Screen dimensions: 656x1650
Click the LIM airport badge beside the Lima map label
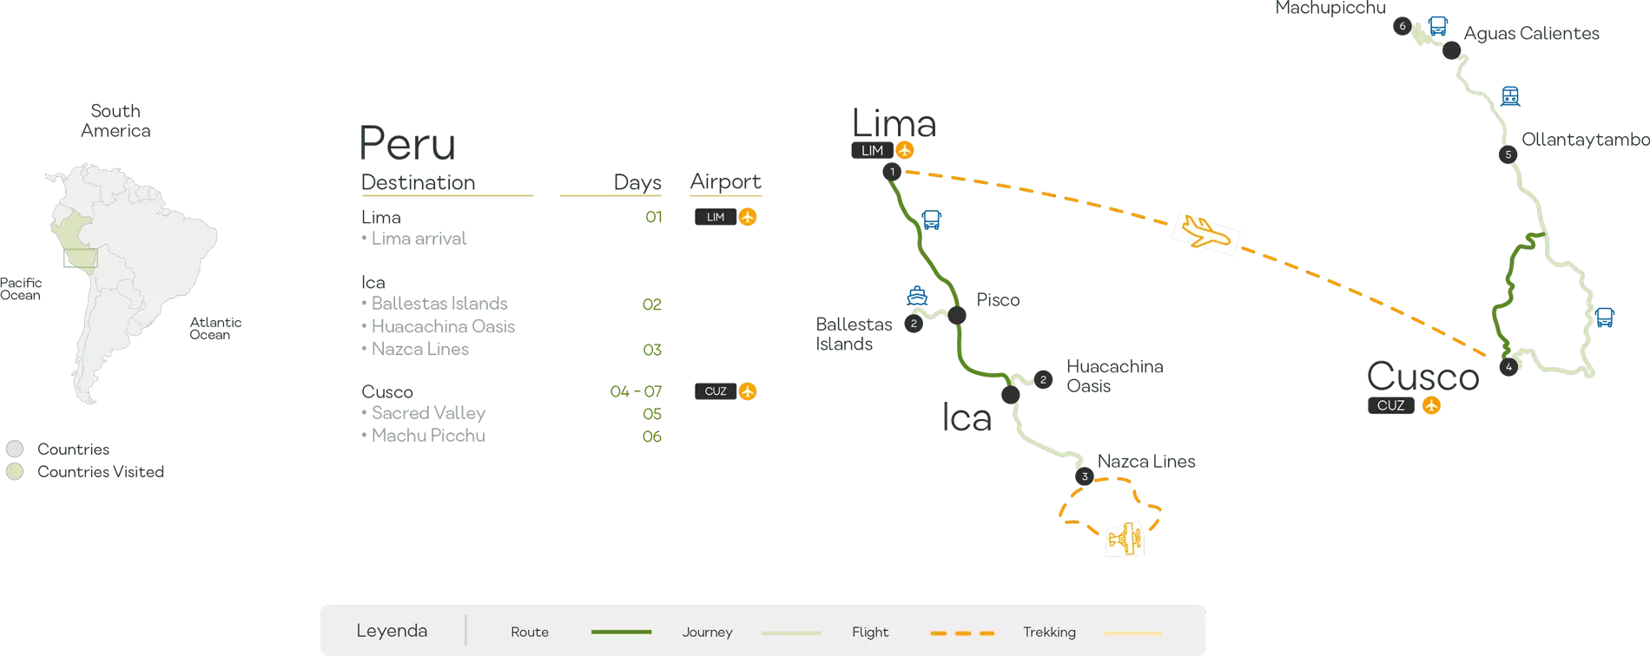(x=873, y=150)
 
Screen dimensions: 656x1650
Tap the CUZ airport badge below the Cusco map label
(x=1391, y=405)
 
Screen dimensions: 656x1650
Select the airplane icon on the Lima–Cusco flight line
(x=1205, y=233)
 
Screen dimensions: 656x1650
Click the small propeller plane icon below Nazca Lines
(x=1125, y=540)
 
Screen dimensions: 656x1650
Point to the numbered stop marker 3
(x=1084, y=476)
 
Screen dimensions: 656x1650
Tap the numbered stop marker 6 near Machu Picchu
(x=1402, y=26)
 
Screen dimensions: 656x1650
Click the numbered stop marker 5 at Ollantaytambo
(x=1508, y=155)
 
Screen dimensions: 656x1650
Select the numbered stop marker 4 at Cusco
(x=1508, y=367)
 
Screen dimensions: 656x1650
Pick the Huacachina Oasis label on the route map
(x=1114, y=376)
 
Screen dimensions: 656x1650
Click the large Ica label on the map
(x=965, y=417)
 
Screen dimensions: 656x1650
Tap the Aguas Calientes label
(x=1534, y=34)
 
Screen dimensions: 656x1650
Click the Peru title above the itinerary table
(x=406, y=143)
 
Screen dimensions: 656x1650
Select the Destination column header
(x=419, y=182)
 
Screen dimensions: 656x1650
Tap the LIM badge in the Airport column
(x=716, y=217)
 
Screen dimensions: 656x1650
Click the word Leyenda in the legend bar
(x=392, y=631)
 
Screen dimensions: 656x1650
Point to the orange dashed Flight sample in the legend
(x=961, y=633)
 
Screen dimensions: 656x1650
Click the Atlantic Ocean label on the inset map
(x=214, y=327)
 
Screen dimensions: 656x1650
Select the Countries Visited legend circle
(x=15, y=473)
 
